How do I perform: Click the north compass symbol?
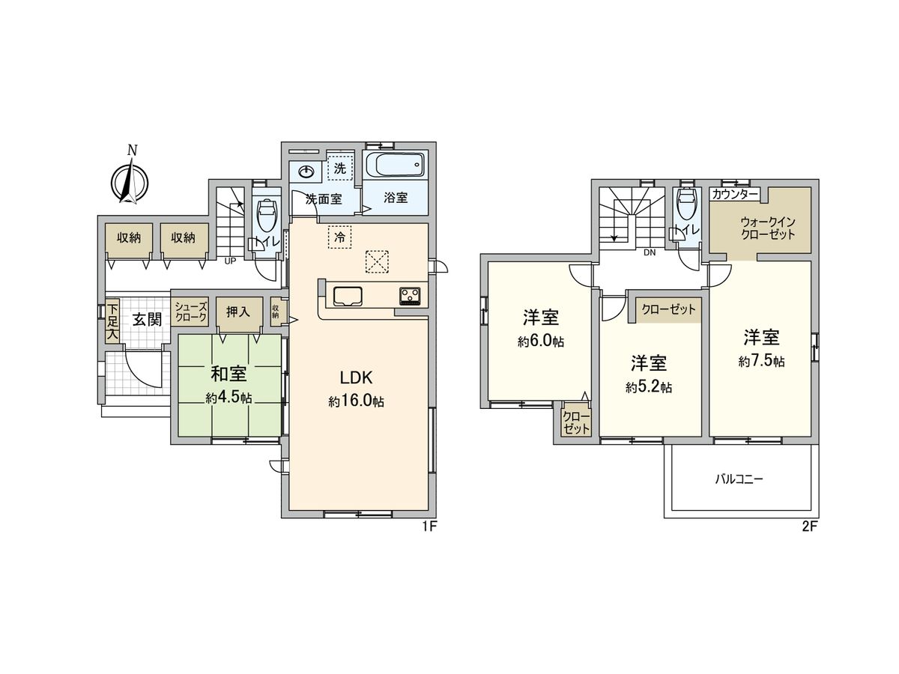(x=130, y=180)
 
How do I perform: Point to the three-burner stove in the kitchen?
(x=410, y=296)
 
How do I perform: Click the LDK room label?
(x=357, y=377)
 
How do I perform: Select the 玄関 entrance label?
(x=148, y=319)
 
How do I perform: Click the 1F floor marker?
(x=429, y=526)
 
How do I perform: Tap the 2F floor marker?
(x=809, y=526)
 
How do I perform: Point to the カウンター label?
(x=735, y=194)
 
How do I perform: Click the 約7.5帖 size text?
(x=761, y=362)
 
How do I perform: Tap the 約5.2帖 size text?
(x=649, y=387)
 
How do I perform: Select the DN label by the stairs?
(x=649, y=252)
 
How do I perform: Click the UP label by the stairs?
(x=231, y=261)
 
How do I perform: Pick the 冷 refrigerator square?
(x=339, y=237)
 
